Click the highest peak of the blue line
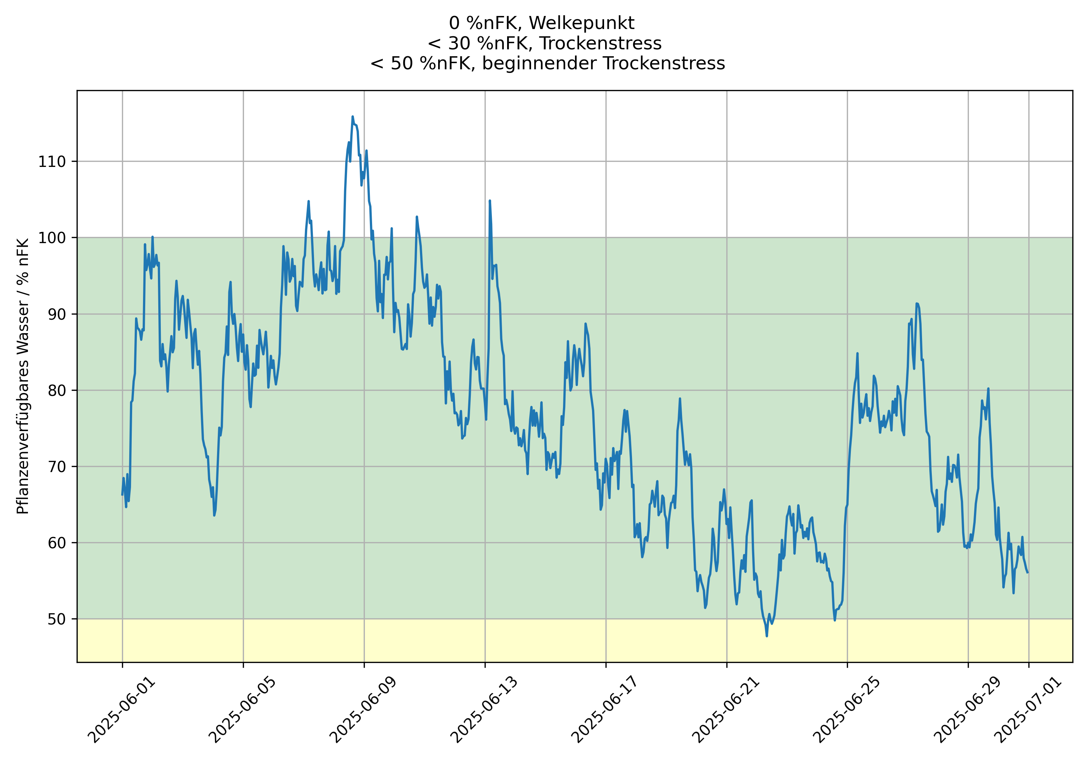tap(352, 116)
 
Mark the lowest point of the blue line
tap(767, 636)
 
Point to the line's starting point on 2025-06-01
tap(122, 495)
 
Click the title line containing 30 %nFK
tap(544, 43)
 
